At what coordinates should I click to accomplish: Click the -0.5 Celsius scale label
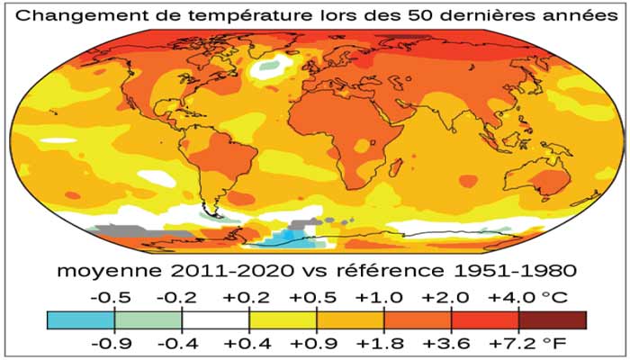click(115, 297)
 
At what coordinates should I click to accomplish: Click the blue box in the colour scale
click(81, 319)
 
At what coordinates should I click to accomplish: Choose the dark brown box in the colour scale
click(553, 319)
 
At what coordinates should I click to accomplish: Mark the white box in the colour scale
click(215, 319)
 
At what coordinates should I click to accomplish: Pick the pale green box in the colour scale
click(148, 319)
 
